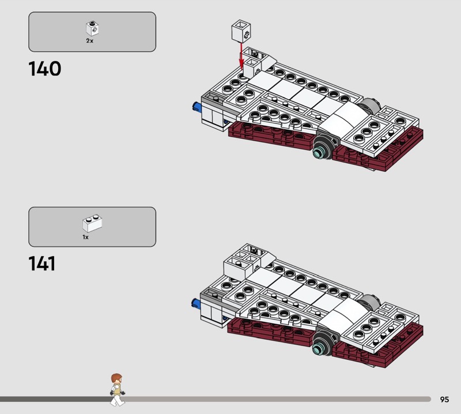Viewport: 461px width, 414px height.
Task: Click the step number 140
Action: [45, 69]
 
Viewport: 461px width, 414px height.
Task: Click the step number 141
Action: [41, 264]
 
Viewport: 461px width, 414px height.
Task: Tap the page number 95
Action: [444, 399]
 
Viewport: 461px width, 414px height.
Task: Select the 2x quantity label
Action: [90, 41]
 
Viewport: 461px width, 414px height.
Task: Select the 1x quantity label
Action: [85, 237]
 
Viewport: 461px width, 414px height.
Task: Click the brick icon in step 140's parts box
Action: [92, 28]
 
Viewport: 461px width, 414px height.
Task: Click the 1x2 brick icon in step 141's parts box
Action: [92, 223]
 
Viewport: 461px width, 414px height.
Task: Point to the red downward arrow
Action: [241, 57]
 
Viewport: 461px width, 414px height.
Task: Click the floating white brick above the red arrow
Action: [241, 31]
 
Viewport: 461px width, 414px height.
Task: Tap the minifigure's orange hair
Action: [116, 378]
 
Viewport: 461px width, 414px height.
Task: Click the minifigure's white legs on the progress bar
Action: [118, 400]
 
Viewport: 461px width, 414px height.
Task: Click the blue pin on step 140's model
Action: [197, 107]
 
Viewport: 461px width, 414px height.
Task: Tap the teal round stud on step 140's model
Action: [318, 153]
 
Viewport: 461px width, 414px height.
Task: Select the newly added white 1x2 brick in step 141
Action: [239, 268]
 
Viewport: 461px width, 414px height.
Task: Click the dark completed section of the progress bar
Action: [56, 399]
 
